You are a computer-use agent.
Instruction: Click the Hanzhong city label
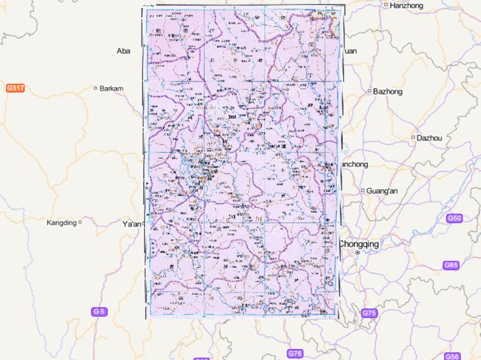click(406, 6)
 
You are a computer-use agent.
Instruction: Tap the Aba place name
click(123, 51)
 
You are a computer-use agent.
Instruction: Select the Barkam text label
click(111, 88)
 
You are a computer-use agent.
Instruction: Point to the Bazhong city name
click(388, 91)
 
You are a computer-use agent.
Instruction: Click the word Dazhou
click(430, 138)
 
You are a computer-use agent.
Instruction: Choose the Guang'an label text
click(382, 190)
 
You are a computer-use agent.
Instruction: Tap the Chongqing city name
click(359, 244)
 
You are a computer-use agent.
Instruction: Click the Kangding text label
click(61, 222)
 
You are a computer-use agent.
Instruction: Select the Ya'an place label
click(132, 224)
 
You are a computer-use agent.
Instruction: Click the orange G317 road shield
click(15, 88)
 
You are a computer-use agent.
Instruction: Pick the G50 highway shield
click(454, 219)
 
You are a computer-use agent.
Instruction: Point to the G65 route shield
click(451, 265)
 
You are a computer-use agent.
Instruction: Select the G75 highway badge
click(369, 312)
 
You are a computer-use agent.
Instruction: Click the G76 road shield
click(295, 354)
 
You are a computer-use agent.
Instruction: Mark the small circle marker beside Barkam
click(95, 88)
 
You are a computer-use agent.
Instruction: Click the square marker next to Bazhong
click(370, 91)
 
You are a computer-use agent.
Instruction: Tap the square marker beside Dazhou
click(413, 137)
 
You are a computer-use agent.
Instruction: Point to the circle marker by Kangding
click(80, 222)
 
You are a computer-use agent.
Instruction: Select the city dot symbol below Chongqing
click(357, 253)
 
